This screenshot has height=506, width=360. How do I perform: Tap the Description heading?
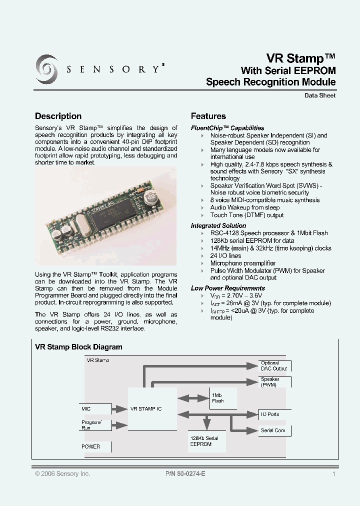coord(58,116)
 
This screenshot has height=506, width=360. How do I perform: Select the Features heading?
coord(208,116)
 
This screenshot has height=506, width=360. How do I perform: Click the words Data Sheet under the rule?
coord(320,95)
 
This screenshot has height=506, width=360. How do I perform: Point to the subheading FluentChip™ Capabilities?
coord(227,128)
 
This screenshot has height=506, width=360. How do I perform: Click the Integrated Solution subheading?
coord(218,225)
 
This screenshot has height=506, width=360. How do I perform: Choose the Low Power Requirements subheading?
coord(228,288)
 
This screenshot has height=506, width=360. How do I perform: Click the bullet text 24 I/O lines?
coord(225,255)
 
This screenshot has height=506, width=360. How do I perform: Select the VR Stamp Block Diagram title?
coord(78,347)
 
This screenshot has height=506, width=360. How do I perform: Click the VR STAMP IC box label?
coord(146,408)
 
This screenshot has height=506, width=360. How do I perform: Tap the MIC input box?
coord(93,409)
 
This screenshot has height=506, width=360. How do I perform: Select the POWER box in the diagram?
coord(93,446)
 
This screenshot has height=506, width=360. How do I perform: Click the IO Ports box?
coord(274,414)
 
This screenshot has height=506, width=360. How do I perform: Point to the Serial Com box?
coord(274,430)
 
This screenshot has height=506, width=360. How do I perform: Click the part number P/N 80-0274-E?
coord(185,473)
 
